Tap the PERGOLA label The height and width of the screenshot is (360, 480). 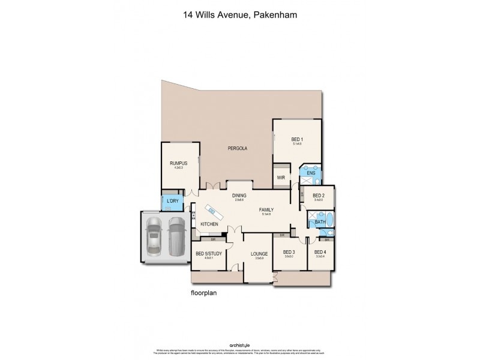(x=238, y=148)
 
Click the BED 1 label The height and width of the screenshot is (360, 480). (x=297, y=140)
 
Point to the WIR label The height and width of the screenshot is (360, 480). (x=280, y=178)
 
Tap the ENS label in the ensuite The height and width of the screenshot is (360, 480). (x=311, y=173)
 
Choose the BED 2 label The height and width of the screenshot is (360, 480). (x=319, y=196)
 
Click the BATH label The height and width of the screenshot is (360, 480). (x=320, y=223)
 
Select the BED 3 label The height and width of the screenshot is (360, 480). (x=289, y=252)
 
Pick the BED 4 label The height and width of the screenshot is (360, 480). (x=319, y=252)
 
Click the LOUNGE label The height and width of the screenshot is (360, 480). (x=259, y=254)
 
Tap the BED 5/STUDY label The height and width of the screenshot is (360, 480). (x=208, y=254)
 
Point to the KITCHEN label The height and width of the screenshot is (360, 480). (x=209, y=224)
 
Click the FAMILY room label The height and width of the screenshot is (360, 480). (x=266, y=210)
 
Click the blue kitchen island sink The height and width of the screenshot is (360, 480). (x=211, y=209)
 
